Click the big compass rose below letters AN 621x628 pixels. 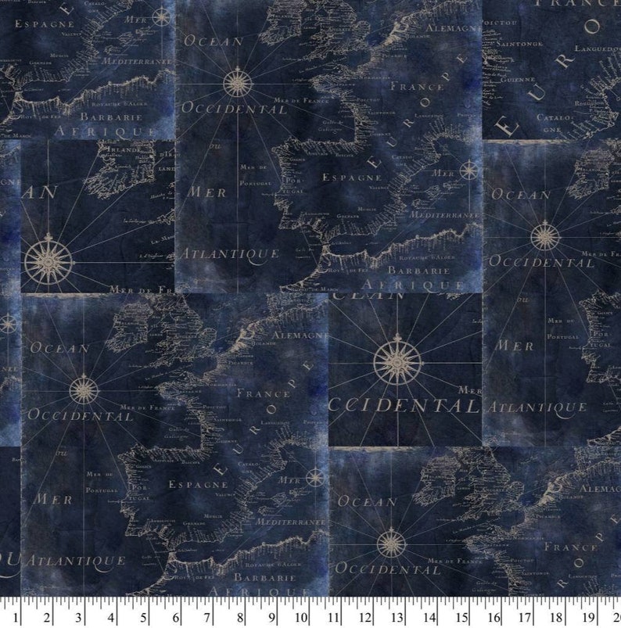(49, 260)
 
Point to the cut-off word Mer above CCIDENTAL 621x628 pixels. (470, 389)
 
